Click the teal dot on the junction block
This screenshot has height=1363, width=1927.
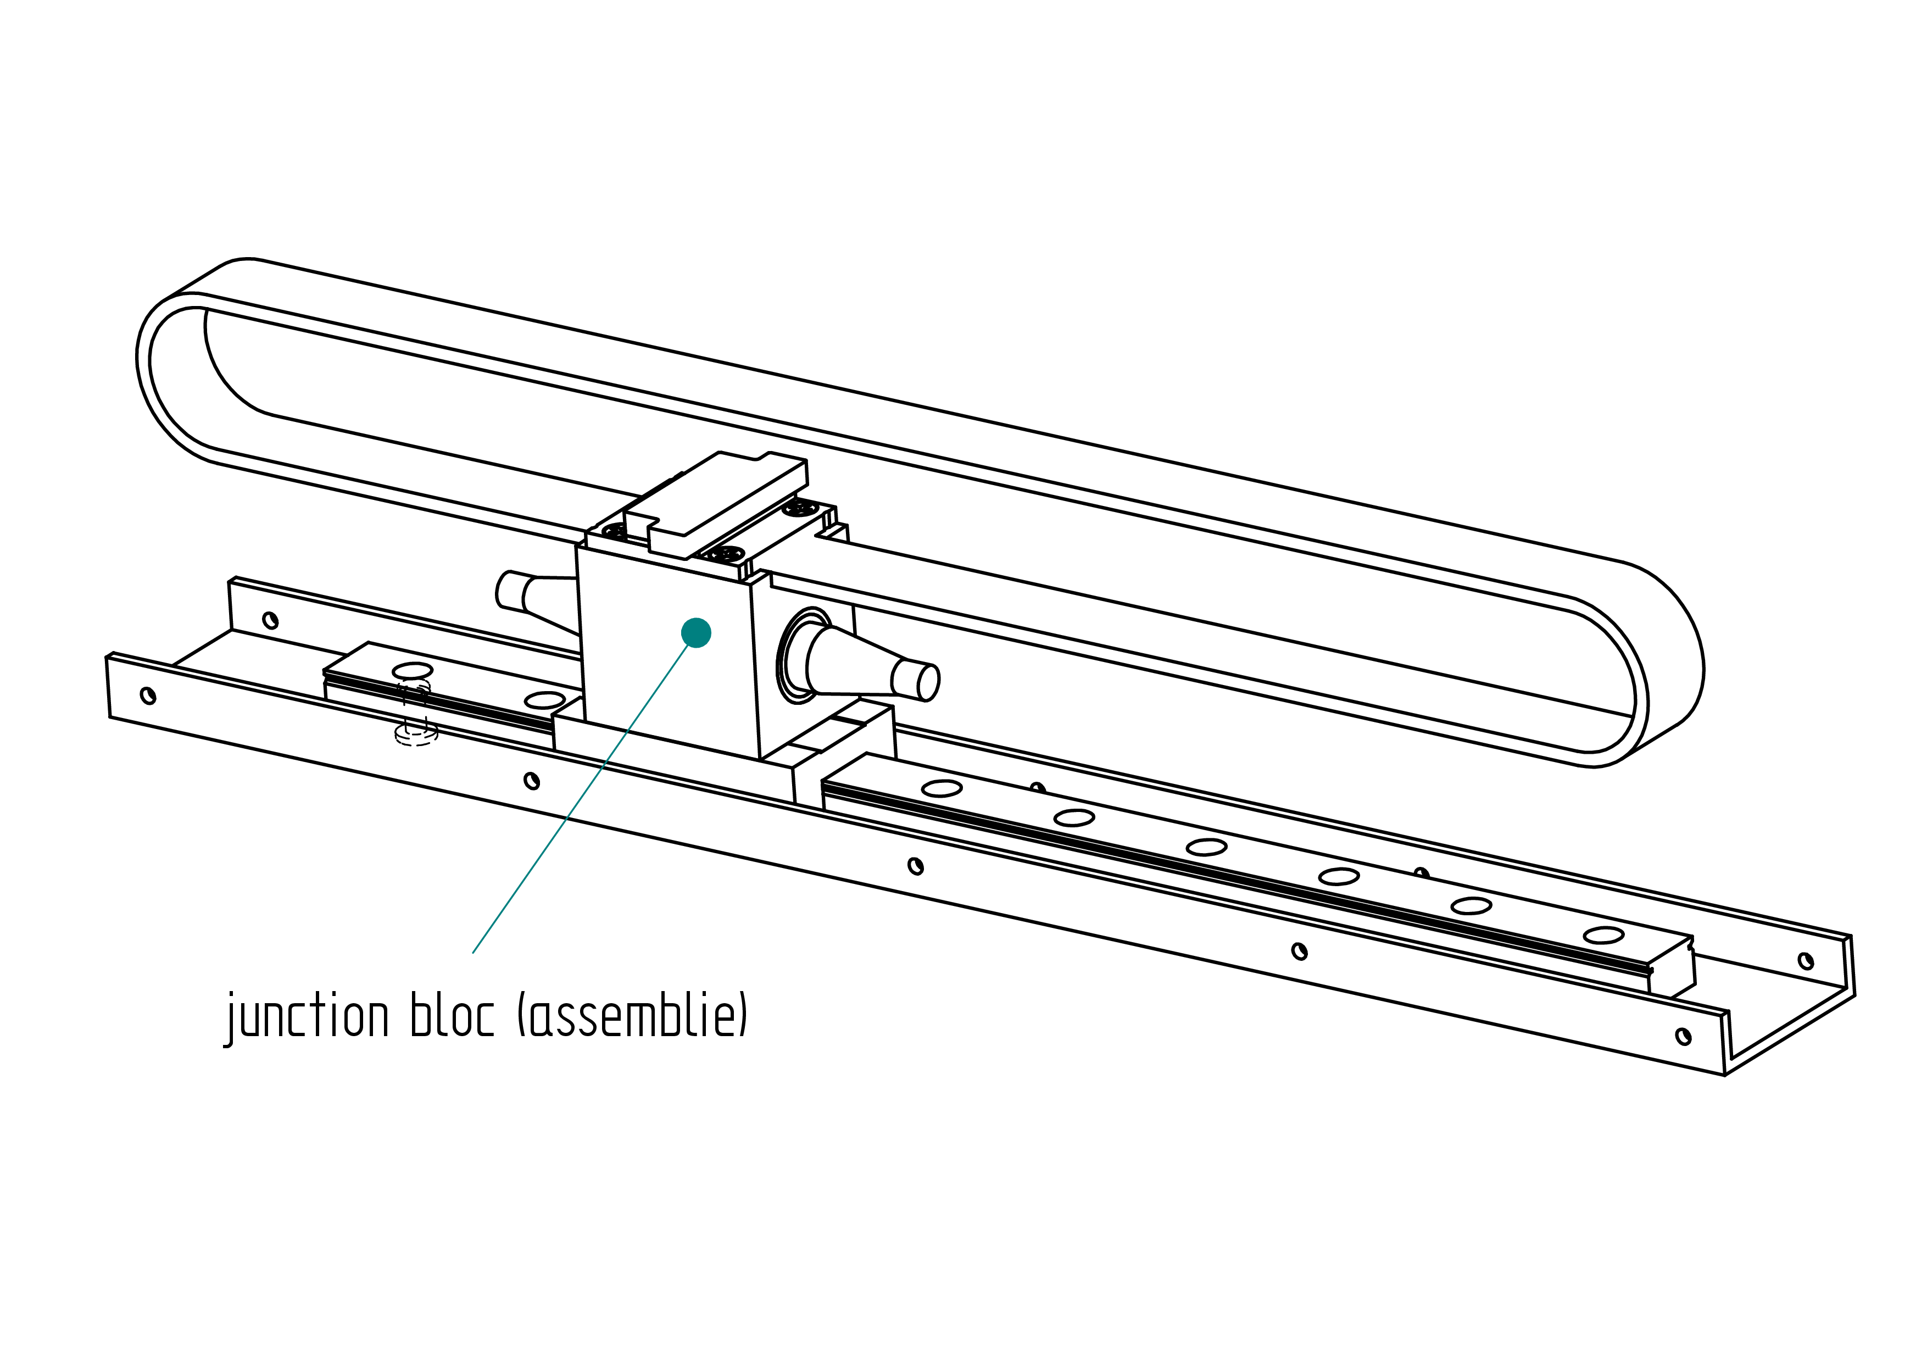click(x=696, y=633)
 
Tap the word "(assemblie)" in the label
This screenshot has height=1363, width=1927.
click(x=632, y=1016)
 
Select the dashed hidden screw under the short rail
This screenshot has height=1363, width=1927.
click(x=415, y=717)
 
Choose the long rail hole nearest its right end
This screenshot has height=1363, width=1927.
click(x=1603, y=935)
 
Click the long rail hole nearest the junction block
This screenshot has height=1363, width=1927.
click(x=942, y=788)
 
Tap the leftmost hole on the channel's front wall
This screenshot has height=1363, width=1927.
click(x=148, y=696)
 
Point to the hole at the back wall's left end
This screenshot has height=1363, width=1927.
click(x=270, y=620)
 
